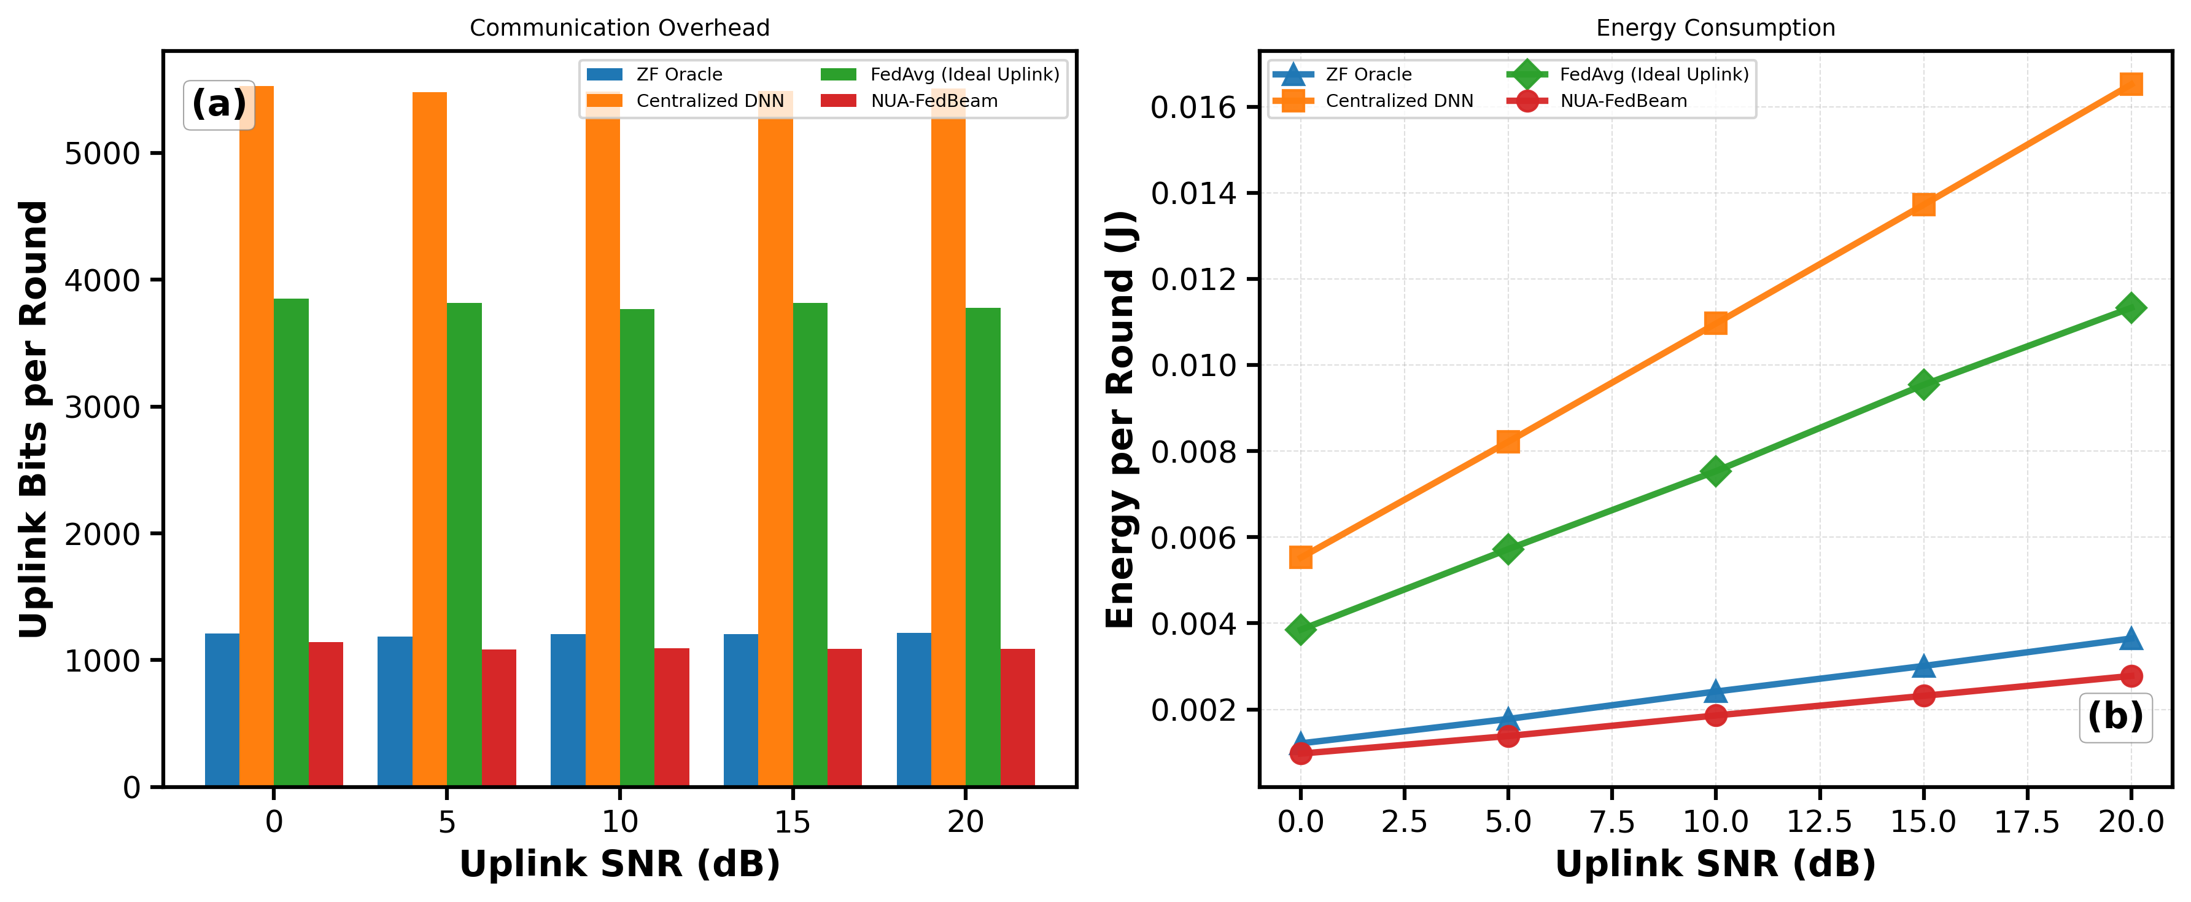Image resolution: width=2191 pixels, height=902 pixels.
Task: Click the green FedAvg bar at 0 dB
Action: click(291, 543)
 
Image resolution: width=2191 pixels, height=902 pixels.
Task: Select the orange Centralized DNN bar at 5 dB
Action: click(430, 439)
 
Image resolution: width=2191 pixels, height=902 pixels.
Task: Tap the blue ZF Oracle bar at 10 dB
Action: click(568, 710)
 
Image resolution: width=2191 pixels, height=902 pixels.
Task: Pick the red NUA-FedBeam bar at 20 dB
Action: click(1017, 718)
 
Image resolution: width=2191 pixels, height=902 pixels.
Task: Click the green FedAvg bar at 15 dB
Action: click(810, 544)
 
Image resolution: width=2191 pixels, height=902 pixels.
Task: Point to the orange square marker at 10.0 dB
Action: click(1716, 323)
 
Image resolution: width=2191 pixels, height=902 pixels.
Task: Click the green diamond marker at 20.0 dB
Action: click(2131, 307)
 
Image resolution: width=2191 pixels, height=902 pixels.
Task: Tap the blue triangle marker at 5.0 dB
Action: click(1508, 719)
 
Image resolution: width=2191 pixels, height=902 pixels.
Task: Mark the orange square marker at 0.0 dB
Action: click(1300, 557)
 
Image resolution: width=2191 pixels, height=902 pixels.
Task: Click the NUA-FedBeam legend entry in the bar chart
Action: click(909, 100)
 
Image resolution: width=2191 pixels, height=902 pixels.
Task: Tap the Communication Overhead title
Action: click(619, 28)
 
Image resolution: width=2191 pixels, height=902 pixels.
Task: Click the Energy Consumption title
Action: click(1716, 28)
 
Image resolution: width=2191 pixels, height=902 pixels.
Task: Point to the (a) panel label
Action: click(219, 104)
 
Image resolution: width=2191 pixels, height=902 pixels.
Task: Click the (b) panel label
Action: click(2115, 716)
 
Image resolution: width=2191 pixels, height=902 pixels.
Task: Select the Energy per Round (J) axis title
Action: click(1120, 420)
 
